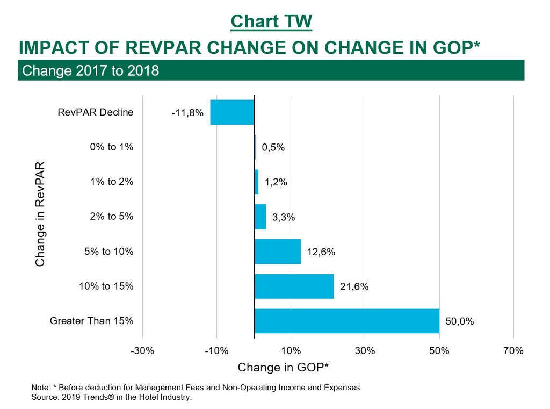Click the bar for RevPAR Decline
point(232,112)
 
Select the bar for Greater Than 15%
point(346,321)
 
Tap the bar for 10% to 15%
point(294,286)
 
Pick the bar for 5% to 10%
point(277,252)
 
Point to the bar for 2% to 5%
point(260,217)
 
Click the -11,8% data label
point(187,113)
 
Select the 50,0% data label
point(460,322)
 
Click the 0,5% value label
point(273,148)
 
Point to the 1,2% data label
point(276,182)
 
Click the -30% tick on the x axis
point(143,351)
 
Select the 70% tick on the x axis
point(513,351)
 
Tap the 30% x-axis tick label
point(365,351)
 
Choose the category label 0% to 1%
point(112,147)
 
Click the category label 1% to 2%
point(112,182)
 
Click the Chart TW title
point(271,21)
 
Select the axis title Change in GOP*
point(283,368)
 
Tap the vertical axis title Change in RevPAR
point(40,213)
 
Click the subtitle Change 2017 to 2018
point(91,70)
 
